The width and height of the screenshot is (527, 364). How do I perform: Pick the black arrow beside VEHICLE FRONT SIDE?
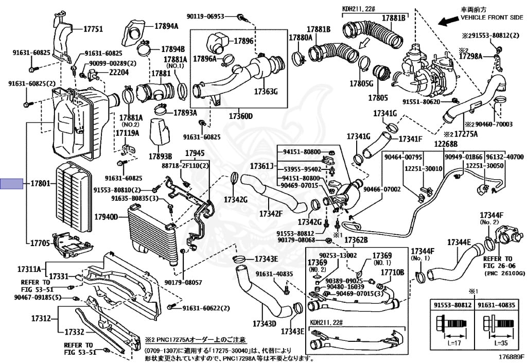click(446, 21)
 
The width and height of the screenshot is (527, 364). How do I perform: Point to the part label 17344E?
click(459, 242)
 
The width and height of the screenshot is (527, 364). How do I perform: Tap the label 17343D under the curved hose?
click(265, 324)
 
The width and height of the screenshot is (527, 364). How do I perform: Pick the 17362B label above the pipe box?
click(356, 240)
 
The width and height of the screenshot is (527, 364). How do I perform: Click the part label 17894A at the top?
click(166, 26)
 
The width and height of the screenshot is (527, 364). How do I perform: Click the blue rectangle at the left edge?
click(11, 184)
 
